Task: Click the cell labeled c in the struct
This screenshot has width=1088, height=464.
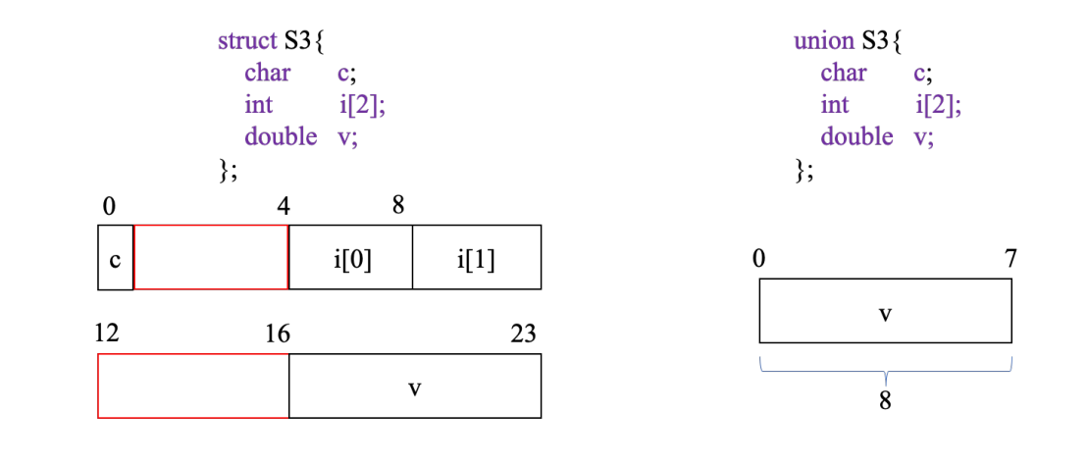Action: [115, 258]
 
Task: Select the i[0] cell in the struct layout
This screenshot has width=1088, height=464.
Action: [351, 258]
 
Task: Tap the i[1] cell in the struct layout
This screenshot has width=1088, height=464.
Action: [476, 258]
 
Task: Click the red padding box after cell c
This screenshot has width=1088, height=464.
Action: [211, 258]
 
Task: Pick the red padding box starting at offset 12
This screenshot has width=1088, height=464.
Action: [193, 386]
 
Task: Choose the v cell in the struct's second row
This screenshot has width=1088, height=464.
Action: [414, 386]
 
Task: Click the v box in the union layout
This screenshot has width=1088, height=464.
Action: [885, 311]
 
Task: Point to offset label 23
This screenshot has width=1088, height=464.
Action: [524, 335]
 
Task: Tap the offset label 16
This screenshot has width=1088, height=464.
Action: [278, 335]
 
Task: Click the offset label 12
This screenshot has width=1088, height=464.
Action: [107, 333]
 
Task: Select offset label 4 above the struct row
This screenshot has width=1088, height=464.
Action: [283, 207]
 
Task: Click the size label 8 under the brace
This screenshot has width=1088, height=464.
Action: [885, 402]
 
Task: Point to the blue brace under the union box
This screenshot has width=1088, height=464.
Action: [885, 371]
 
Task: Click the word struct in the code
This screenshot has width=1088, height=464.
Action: [248, 42]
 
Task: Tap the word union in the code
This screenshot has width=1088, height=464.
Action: [824, 42]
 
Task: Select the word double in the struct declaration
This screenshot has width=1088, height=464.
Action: [281, 136]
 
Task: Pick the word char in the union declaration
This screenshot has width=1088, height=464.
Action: [844, 74]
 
